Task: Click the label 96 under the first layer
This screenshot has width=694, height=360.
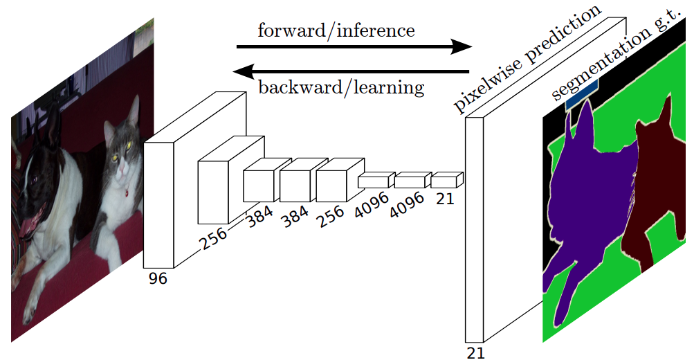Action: pyautogui.click(x=157, y=279)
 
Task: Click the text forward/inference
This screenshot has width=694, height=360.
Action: pyautogui.click(x=336, y=30)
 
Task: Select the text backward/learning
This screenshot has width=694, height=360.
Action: pyautogui.click(x=340, y=88)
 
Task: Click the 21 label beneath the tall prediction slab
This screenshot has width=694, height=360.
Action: pyautogui.click(x=475, y=352)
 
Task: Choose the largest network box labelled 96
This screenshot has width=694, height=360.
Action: pyautogui.click(x=161, y=204)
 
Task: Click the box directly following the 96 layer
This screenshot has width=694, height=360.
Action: pyautogui.click(x=214, y=190)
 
